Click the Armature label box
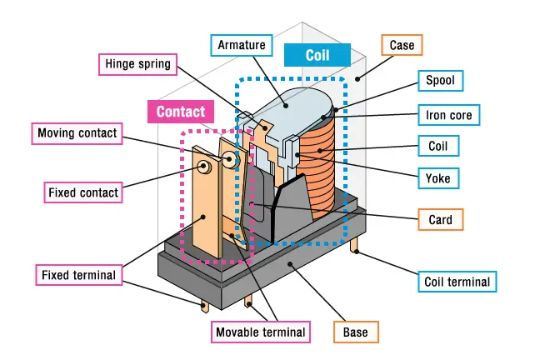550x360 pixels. coord(241,44)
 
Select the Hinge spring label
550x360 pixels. coord(138,63)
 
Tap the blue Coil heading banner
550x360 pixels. coord(317,55)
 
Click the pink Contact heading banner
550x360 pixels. coord(181,111)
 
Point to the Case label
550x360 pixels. coord(402,44)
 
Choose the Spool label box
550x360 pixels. coord(440,81)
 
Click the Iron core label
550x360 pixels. coord(448,114)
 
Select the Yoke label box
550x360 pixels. coord(438,177)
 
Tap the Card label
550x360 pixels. coord(440,220)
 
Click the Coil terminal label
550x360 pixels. coord(457,282)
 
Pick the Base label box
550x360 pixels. coord(356,332)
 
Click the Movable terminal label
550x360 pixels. coord(260,332)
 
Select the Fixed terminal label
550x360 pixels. coord(79,274)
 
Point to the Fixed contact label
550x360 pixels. coord(83,192)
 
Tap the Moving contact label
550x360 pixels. coord(77,133)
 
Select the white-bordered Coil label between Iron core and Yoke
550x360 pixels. coord(438,146)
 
